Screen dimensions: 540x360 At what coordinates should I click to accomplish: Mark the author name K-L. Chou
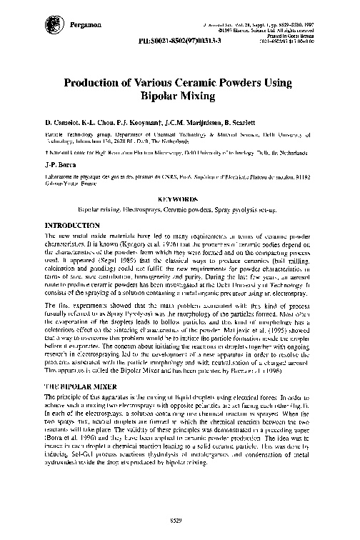coord(101,123)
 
